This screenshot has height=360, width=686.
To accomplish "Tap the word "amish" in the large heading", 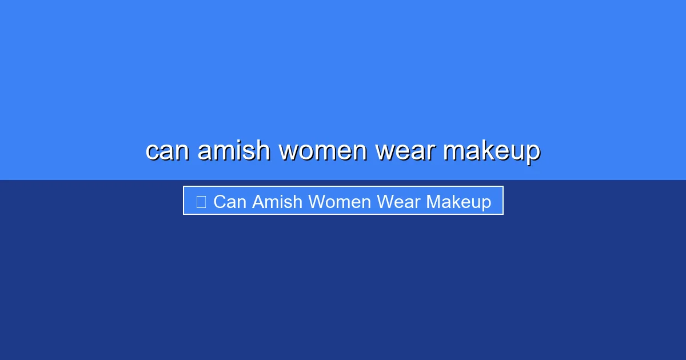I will (x=233, y=151).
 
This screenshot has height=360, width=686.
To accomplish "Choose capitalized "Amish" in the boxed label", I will (x=277, y=202).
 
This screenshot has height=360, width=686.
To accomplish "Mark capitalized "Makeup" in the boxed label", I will (x=458, y=202).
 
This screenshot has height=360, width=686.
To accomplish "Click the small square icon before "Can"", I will (x=201, y=202).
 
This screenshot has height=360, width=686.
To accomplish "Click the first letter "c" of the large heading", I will (x=152, y=151).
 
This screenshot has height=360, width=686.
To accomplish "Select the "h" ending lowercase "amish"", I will (x=262, y=150).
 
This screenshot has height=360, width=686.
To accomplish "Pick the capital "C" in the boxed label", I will (x=219, y=202).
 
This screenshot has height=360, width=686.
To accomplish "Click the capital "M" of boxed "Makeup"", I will (x=433, y=202).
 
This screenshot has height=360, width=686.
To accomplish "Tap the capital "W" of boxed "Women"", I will (x=317, y=202).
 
